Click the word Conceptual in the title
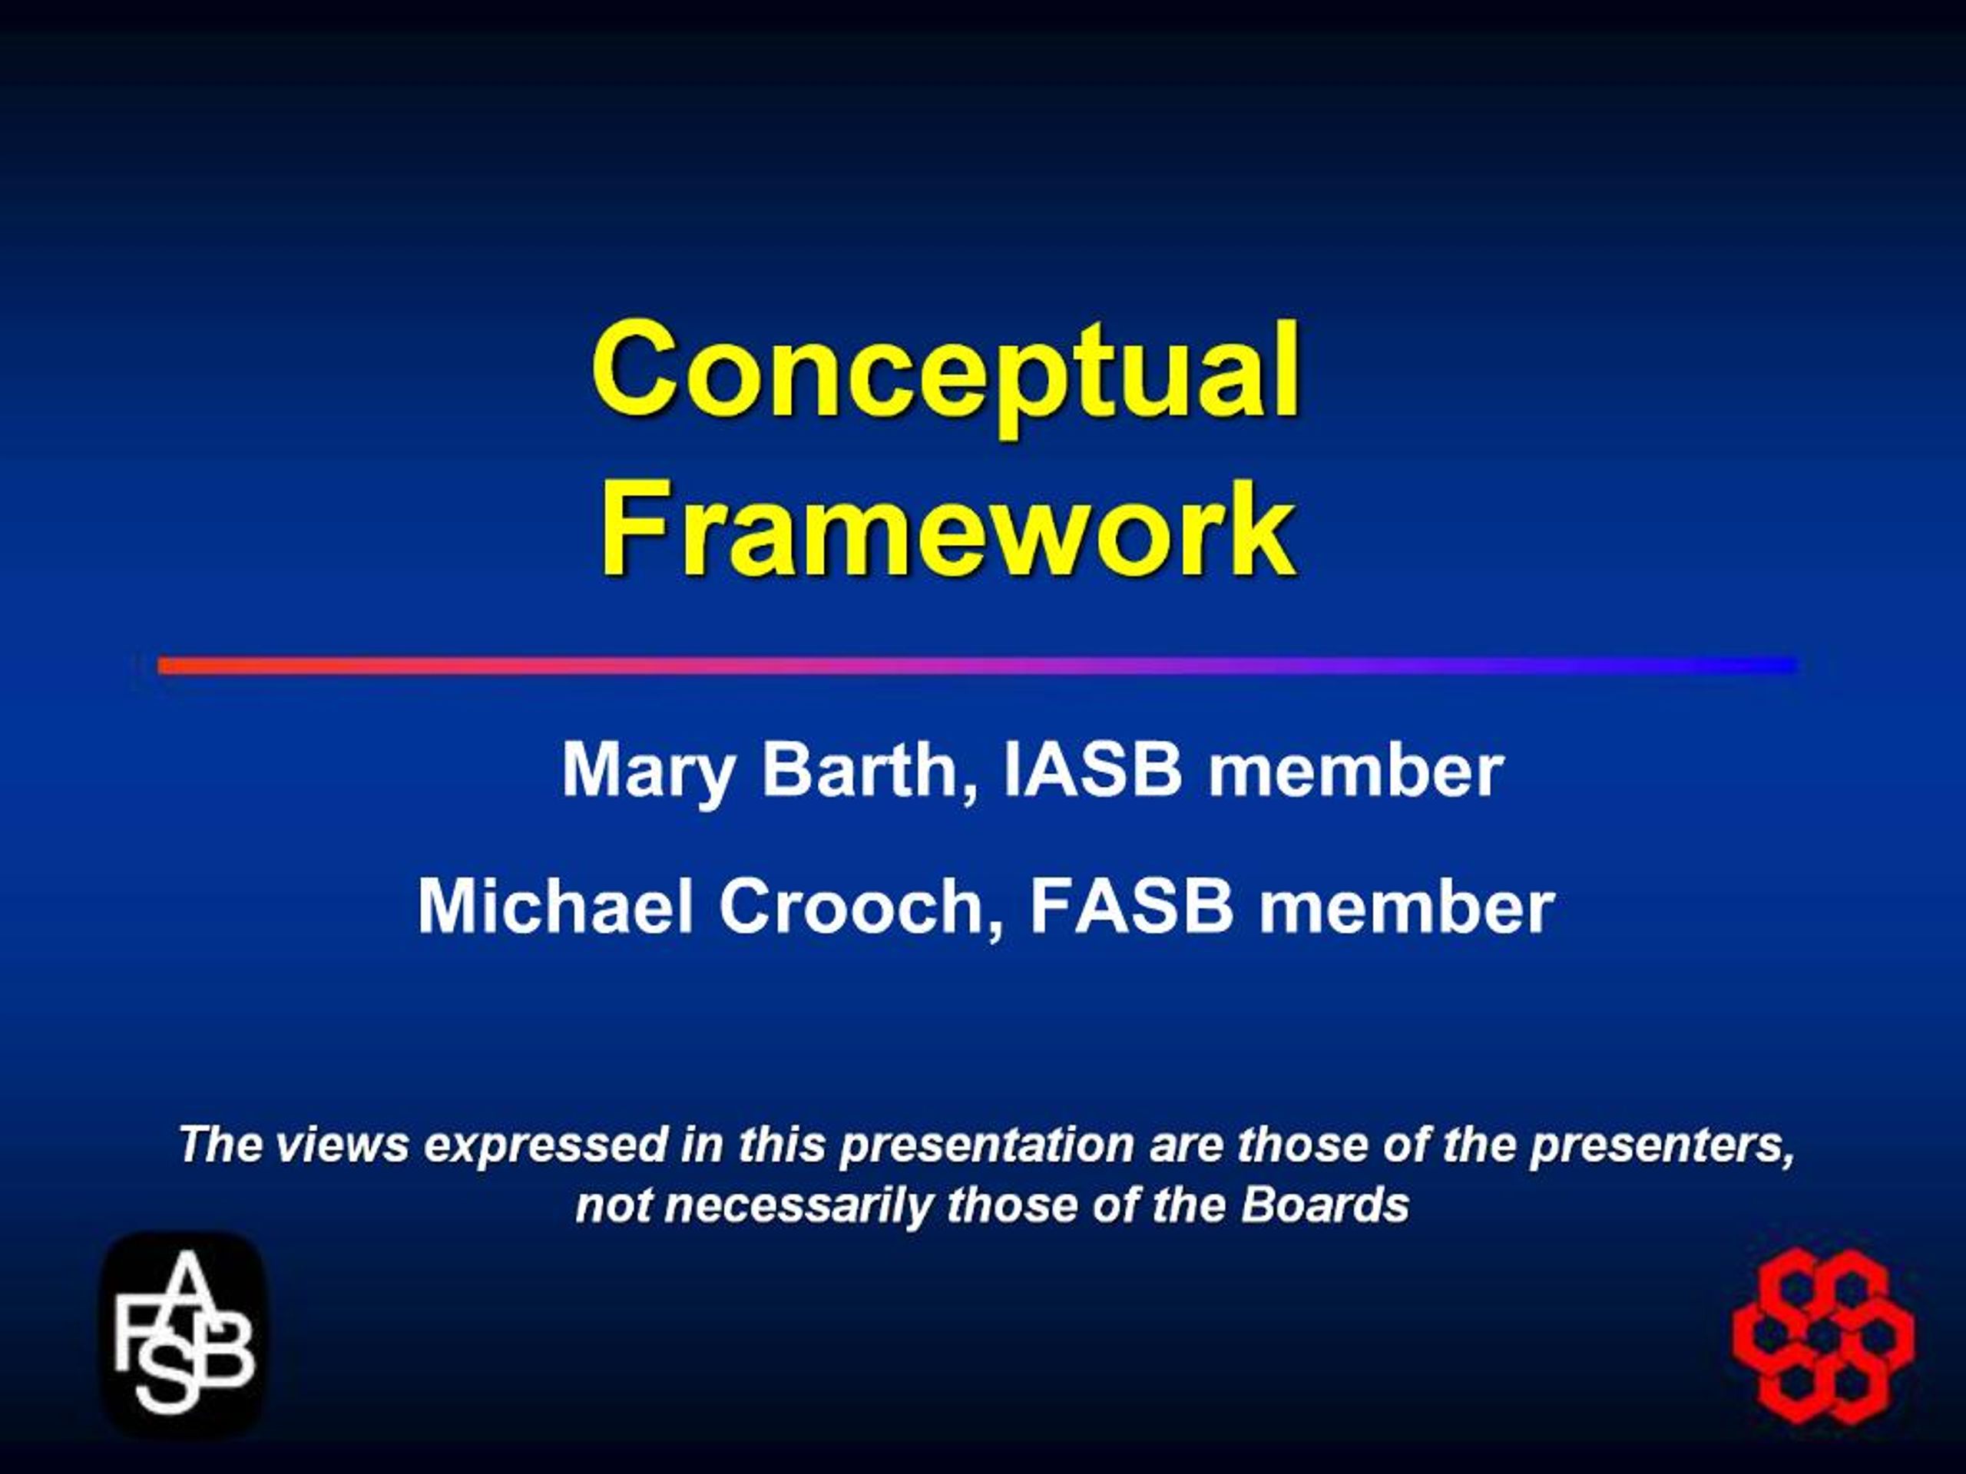pyautogui.click(x=945, y=372)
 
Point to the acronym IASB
pyautogui.click(x=1092, y=769)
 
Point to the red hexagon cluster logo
pyautogui.click(x=1824, y=1334)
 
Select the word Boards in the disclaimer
pyautogui.click(x=1326, y=1205)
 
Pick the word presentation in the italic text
pyautogui.click(x=987, y=1145)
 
